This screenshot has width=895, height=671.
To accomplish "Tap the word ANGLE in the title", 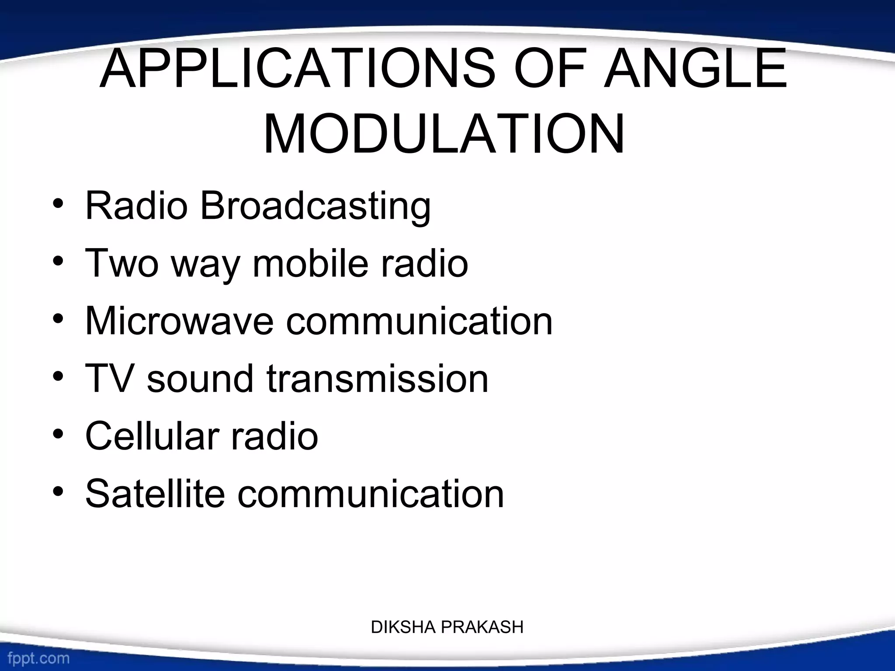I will [x=695, y=69].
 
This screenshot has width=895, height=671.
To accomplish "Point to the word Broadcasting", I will [x=316, y=206].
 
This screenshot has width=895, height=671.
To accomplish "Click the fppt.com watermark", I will [x=38, y=658].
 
